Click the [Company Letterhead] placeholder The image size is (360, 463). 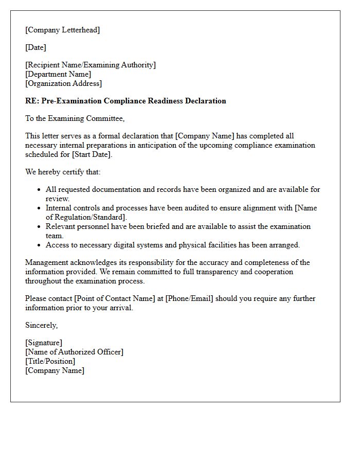coord(63,30)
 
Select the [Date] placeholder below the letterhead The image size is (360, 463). coord(35,47)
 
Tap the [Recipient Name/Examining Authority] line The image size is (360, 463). coord(91,65)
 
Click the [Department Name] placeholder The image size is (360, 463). coord(58,74)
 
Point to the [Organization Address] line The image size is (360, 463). coord(64,83)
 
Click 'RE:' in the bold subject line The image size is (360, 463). coord(32,101)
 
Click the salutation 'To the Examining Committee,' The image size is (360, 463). coord(75,118)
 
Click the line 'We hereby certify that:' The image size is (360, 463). coord(63,172)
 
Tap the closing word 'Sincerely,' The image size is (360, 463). coord(42,325)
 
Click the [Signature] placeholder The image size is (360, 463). coord(44,343)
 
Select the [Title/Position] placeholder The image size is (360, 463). coord(50,361)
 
